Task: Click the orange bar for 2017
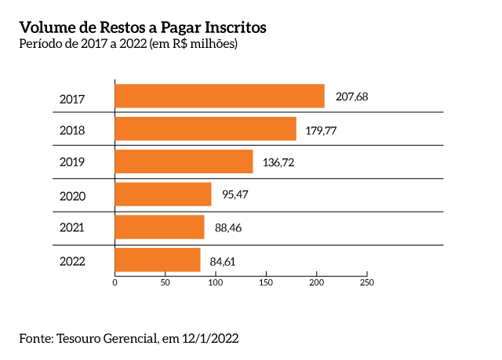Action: click(220, 96)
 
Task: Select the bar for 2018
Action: click(206, 129)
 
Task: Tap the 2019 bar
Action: click(184, 162)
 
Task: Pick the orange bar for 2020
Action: click(163, 194)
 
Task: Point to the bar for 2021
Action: click(159, 227)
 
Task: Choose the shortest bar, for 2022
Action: click(158, 260)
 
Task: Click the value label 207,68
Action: click(351, 97)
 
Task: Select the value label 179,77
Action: click(321, 130)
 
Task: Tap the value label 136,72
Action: click(278, 163)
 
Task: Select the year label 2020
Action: click(72, 196)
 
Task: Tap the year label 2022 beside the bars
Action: click(72, 261)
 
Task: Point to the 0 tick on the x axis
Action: click(115, 282)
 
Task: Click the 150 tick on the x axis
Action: click(266, 282)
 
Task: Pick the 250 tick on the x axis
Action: click(366, 282)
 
